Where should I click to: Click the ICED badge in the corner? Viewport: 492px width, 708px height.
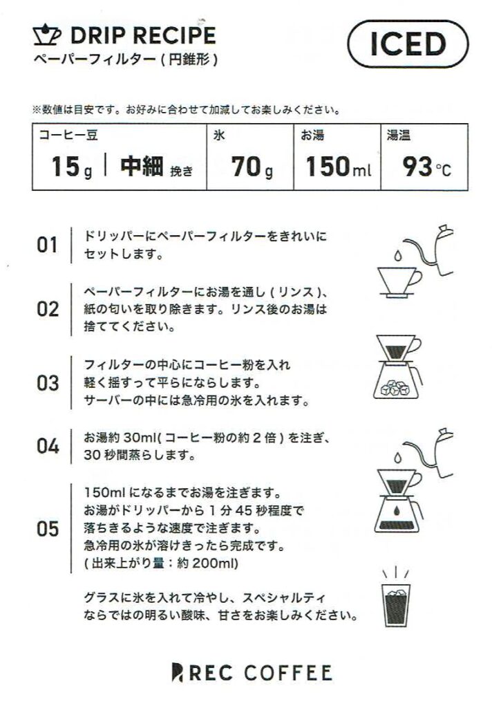(408, 44)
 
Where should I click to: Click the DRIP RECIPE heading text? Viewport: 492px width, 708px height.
(144, 36)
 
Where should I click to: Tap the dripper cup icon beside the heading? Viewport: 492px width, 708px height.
(48, 36)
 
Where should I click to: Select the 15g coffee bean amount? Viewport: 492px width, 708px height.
(72, 167)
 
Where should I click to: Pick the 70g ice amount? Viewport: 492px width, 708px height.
(252, 167)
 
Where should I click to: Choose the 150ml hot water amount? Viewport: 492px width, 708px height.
(339, 166)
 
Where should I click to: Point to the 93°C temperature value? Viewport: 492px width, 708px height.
(426, 167)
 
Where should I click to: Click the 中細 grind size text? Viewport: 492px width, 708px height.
(142, 166)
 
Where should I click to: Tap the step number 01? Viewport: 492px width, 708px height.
(47, 245)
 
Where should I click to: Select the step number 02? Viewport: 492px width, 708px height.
(48, 309)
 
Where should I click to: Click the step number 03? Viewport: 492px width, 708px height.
(48, 383)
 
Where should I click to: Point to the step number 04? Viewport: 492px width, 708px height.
(48, 446)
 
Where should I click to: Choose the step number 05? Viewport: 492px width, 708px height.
(48, 529)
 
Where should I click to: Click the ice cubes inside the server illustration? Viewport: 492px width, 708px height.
(395, 389)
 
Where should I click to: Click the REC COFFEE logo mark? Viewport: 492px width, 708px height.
(178, 673)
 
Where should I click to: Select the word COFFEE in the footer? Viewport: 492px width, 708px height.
(288, 673)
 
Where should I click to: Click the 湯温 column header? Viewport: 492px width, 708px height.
(399, 135)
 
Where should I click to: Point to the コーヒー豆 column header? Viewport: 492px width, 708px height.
(68, 135)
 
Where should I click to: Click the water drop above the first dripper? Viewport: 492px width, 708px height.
(397, 256)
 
